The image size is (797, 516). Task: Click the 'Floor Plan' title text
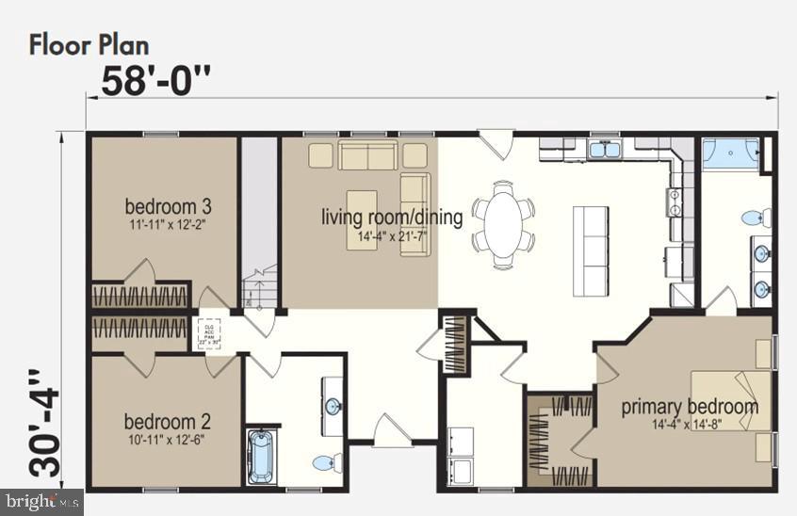[89, 44]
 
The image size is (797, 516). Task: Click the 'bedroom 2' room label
[160, 421]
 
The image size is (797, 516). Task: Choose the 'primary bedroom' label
[689, 407]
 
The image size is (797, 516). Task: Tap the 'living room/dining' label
[392, 218]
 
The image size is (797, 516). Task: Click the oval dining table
[502, 222]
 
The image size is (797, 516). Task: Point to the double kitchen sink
[604, 150]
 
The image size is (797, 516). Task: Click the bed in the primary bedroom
[730, 400]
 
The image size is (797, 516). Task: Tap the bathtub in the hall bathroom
[261, 457]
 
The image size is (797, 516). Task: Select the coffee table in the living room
[362, 206]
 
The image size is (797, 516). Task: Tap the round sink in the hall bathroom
[333, 407]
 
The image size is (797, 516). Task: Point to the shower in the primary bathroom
[731, 153]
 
